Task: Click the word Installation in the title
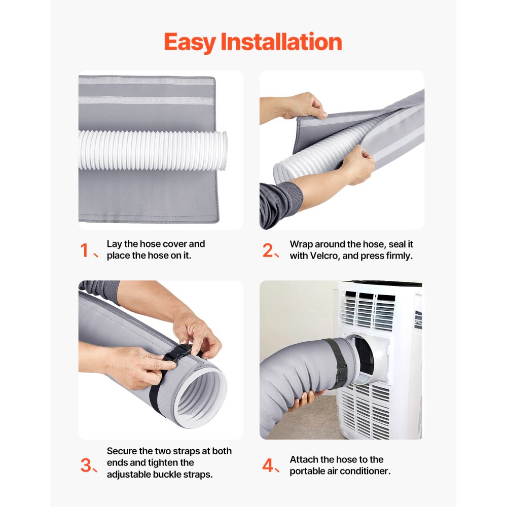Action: pos(281,42)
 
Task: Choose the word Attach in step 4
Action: pos(304,459)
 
